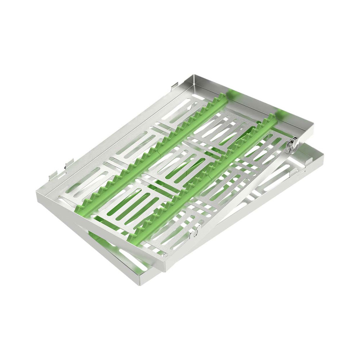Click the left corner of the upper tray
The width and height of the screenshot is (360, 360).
(37, 194)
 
